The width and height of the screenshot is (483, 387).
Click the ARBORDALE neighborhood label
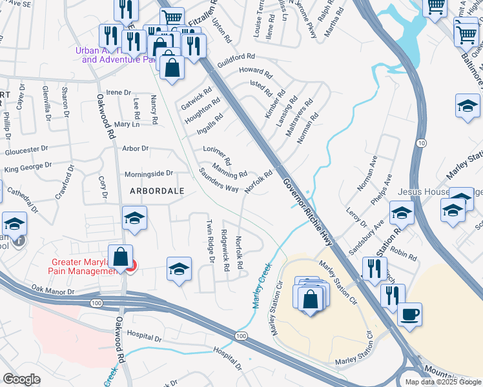pyautogui.click(x=157, y=191)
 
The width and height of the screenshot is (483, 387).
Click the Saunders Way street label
pyautogui.click(x=219, y=180)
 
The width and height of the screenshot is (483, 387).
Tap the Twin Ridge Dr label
pyautogui.click(x=210, y=241)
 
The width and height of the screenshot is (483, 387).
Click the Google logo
pyautogui.click(x=22, y=379)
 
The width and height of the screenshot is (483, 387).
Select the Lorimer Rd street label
pyautogui.click(x=217, y=154)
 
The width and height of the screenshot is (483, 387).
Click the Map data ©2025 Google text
pyautogui.click(x=443, y=382)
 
